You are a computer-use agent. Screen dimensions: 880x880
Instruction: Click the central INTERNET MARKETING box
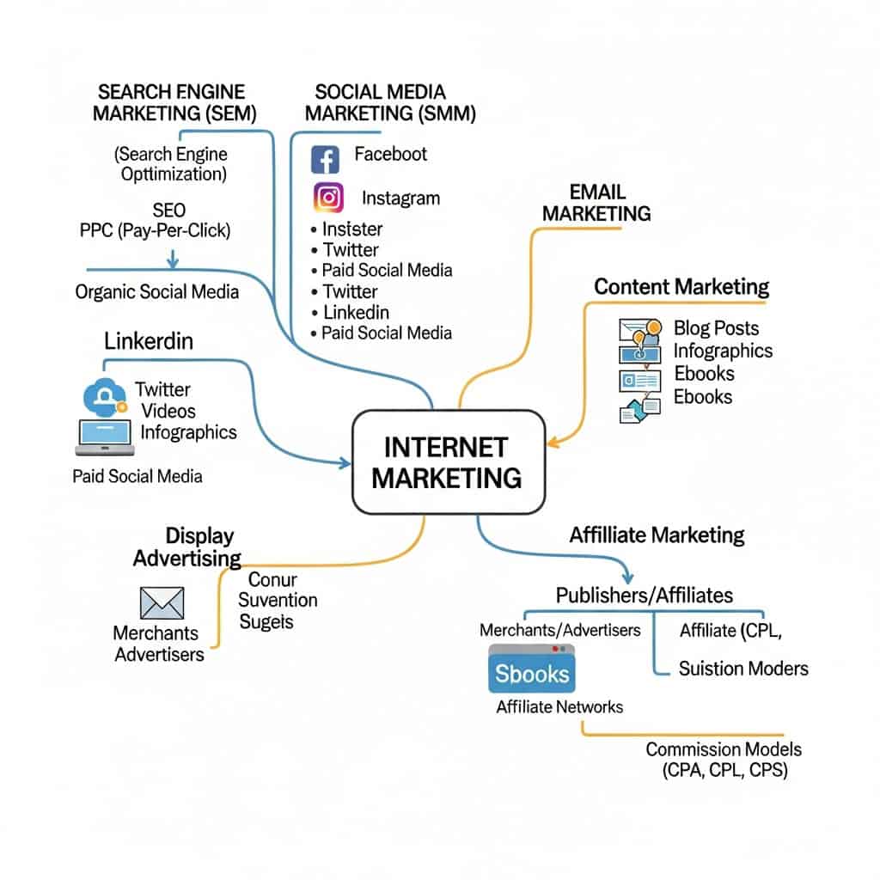[x=448, y=461]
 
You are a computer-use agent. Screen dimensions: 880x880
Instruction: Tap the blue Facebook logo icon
[x=326, y=159]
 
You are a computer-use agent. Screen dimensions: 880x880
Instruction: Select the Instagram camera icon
[x=328, y=199]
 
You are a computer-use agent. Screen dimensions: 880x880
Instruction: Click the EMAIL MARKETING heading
[x=596, y=203]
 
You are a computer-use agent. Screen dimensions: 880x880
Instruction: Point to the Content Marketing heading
[x=681, y=286]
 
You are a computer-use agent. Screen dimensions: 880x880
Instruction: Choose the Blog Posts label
[x=716, y=327]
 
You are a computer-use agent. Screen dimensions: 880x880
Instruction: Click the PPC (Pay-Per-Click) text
[x=155, y=230]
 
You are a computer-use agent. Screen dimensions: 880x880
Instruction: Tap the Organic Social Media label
[x=157, y=291]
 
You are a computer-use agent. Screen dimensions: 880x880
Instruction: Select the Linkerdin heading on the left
[x=149, y=341]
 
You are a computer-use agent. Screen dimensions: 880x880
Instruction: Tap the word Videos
[x=168, y=411]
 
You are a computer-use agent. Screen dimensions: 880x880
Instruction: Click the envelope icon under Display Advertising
[x=162, y=602]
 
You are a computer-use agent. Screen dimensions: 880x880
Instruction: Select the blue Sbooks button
[x=531, y=672]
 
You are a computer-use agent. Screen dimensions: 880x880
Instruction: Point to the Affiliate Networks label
[x=559, y=707]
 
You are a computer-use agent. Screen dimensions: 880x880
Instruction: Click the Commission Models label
[x=724, y=749]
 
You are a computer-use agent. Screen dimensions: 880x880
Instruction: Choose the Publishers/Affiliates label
[x=644, y=595]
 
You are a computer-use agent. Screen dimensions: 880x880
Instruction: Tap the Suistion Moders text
[x=742, y=668]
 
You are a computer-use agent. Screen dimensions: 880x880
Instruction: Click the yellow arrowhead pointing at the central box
[x=553, y=443]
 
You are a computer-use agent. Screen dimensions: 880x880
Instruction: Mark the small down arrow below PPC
[x=173, y=259]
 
